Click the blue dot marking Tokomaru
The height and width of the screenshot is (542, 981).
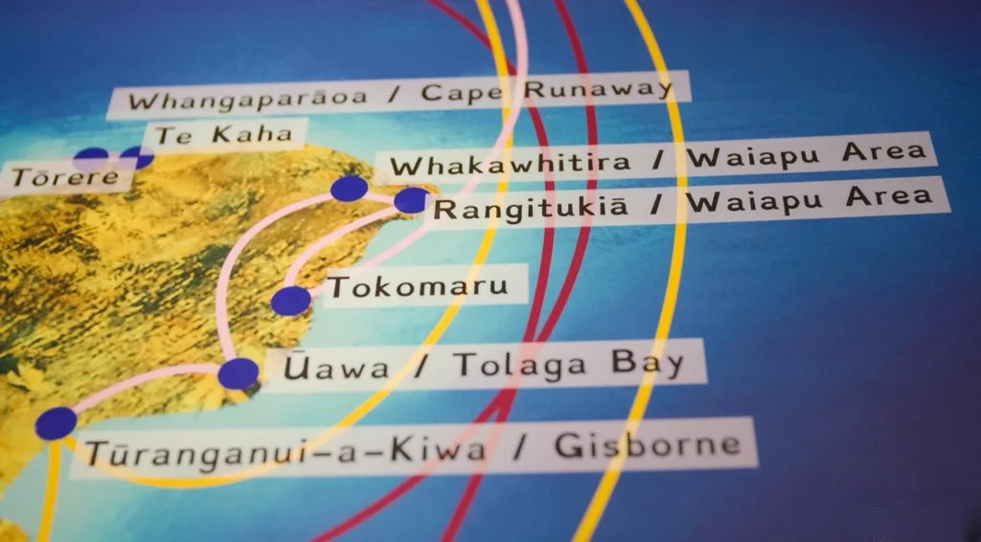291,301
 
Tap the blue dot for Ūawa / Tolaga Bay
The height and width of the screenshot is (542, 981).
238,373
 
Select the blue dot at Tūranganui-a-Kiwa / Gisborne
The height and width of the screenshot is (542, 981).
56,423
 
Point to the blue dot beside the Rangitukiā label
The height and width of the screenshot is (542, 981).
411,200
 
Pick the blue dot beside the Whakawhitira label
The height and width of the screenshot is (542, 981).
349,189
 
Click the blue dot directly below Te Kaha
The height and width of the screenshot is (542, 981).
137,157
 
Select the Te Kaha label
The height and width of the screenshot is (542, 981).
223,136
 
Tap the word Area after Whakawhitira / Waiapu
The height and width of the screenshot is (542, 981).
878,151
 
